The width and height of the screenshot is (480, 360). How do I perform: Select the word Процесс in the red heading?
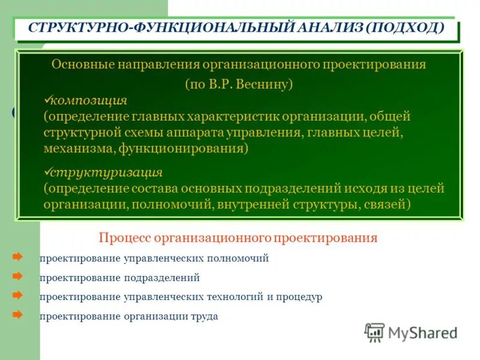(124, 238)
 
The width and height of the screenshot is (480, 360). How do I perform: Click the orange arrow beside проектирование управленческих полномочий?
(18, 257)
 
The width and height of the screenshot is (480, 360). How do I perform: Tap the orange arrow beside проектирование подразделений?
(18, 277)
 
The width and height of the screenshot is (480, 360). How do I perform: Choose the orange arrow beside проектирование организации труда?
(18, 314)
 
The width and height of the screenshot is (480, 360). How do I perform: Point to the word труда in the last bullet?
(205, 316)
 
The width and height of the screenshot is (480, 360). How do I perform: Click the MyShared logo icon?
(374, 332)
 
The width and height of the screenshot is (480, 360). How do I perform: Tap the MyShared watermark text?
(423, 333)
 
